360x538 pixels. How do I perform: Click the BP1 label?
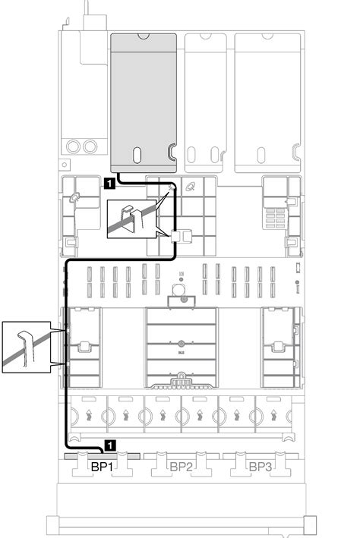(102, 467)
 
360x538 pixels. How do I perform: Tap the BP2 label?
(181, 467)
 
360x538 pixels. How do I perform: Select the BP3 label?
(261, 467)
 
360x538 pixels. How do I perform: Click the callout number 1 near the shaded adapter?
(109, 184)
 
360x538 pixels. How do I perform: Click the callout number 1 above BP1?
(109, 445)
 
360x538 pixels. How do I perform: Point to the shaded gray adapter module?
(144, 103)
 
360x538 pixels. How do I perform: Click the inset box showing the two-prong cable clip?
(131, 219)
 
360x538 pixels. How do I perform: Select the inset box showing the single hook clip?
(27, 347)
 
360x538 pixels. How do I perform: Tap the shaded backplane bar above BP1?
(102, 456)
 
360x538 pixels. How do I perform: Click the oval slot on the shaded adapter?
(137, 155)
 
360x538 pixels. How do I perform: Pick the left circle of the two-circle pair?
(73, 146)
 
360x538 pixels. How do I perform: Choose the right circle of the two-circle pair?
(90, 146)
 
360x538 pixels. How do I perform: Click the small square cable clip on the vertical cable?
(175, 236)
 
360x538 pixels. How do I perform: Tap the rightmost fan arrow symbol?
(273, 415)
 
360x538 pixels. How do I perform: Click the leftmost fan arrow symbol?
(89, 415)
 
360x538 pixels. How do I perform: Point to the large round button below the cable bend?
(178, 291)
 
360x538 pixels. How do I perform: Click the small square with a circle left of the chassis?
(65, 165)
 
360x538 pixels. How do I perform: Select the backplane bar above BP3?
(261, 456)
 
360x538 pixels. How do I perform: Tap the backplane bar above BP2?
(181, 456)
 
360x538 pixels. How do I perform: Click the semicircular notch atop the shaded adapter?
(144, 36)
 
